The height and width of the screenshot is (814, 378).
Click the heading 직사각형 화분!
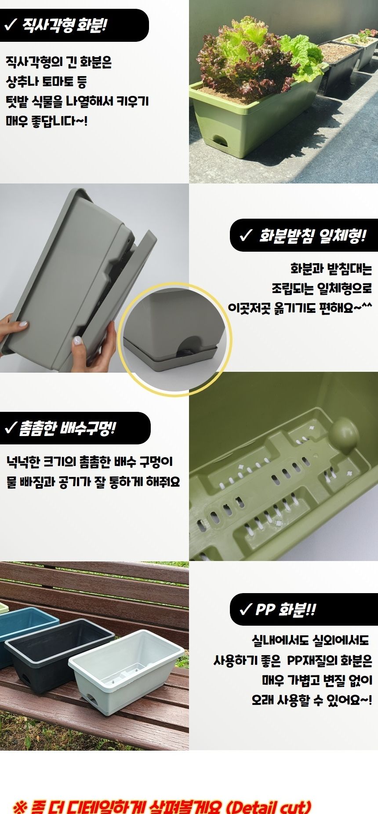pyautogui.click(x=64, y=25)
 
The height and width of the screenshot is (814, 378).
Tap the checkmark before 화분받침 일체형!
pyautogui.click(x=245, y=236)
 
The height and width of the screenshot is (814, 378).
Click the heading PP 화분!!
pyautogui.click(x=285, y=610)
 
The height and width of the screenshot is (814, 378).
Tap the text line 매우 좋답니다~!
pyautogui.click(x=47, y=121)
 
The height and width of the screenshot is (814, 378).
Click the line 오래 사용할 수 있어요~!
pyautogui.click(x=312, y=700)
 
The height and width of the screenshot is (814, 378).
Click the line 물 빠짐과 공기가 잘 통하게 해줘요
pyautogui.click(x=93, y=482)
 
